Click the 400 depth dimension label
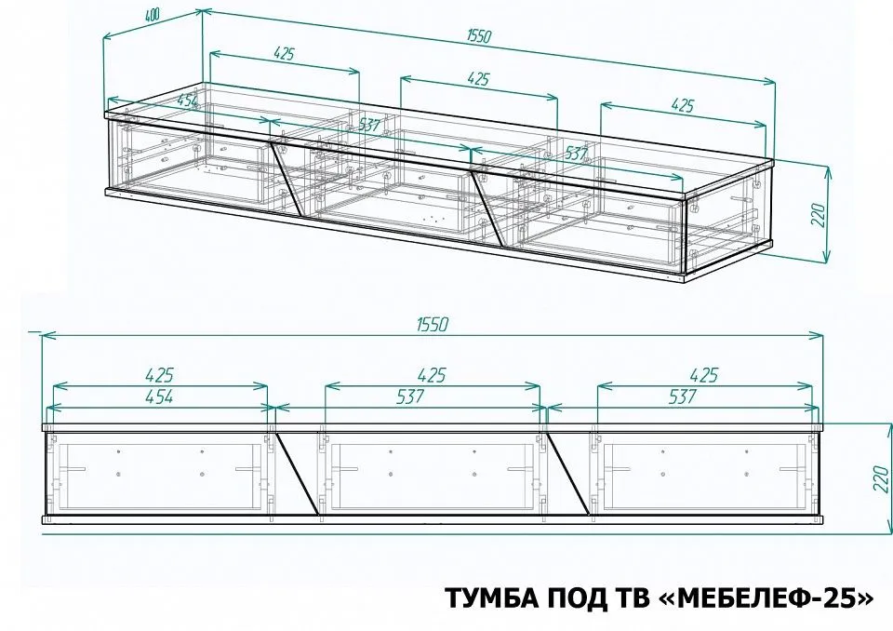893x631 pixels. [153, 16]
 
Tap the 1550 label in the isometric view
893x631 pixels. [478, 36]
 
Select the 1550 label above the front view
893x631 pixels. [433, 324]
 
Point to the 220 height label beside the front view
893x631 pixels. [882, 478]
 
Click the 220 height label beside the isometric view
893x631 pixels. [818, 214]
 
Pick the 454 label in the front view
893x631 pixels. [158, 396]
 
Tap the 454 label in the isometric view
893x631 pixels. [187, 101]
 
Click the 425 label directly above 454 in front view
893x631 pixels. [159, 376]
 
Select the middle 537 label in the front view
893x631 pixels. [409, 396]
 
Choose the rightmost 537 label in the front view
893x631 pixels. [682, 396]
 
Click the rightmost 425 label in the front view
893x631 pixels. [704, 376]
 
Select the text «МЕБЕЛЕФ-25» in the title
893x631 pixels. [773, 597]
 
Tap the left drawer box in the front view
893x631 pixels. [159, 476]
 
